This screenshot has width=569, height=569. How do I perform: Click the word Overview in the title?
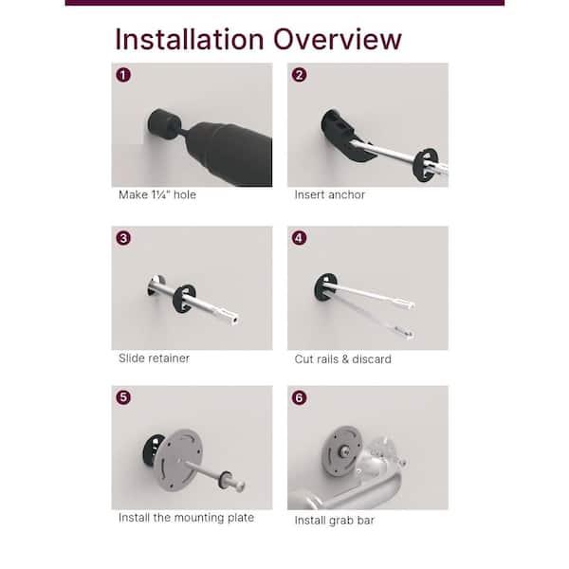[338, 40]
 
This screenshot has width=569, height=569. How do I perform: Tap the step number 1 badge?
[123, 75]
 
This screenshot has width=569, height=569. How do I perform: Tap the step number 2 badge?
[300, 75]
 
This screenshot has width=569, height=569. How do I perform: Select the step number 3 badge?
[123, 238]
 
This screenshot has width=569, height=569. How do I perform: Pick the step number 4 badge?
[300, 238]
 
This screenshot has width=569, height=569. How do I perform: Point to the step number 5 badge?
[123, 397]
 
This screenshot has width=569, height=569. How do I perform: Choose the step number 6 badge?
[300, 397]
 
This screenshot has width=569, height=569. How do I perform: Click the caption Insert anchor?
[329, 194]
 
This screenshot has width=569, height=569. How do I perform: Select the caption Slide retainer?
[154, 358]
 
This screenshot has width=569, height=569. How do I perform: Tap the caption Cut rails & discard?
[342, 358]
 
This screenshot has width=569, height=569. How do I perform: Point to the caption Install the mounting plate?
[186, 518]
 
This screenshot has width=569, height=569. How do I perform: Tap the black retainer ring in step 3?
[184, 297]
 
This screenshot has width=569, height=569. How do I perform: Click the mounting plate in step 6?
[342, 445]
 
